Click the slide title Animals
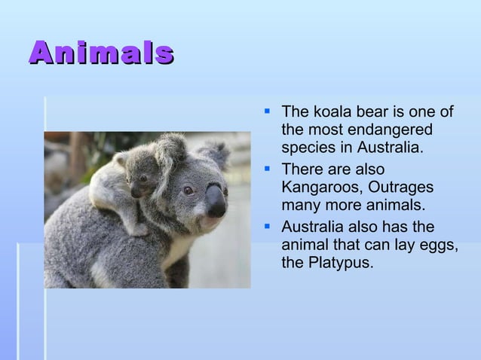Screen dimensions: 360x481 pyautogui.click(x=102, y=52)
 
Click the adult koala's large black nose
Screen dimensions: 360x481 pyautogui.click(x=216, y=200)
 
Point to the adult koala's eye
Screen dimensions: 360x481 pyautogui.click(x=188, y=190)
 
